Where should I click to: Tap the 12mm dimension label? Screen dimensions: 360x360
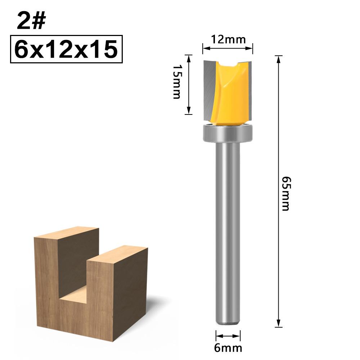point(228,39)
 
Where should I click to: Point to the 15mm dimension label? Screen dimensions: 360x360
point(177,82)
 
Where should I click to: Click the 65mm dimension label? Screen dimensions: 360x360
point(285,193)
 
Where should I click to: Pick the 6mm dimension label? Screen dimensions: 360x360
point(228,348)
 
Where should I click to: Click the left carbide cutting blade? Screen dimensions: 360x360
point(209,90)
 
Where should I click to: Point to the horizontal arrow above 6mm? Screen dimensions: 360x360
point(228,336)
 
